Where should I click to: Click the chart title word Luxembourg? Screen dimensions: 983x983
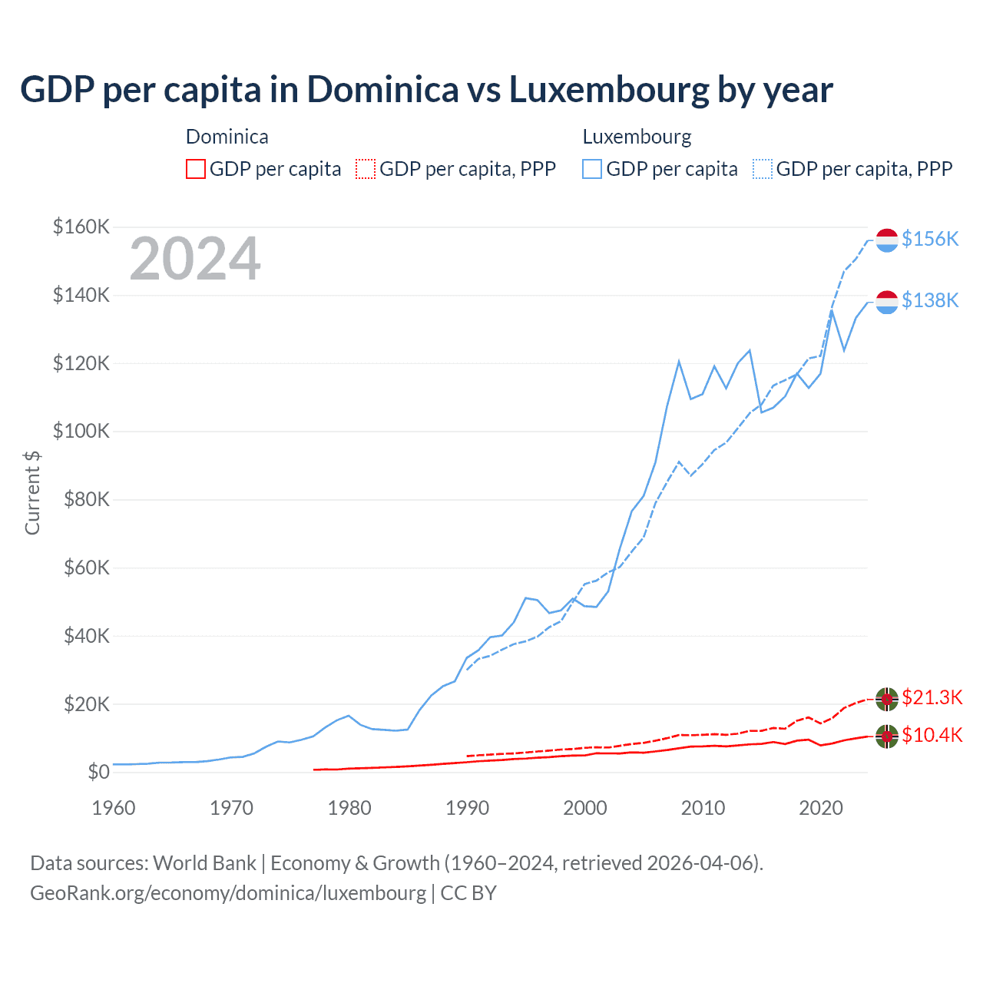(x=609, y=90)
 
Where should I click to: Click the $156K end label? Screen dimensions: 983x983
(x=930, y=239)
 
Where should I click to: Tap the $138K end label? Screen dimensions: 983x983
(x=930, y=300)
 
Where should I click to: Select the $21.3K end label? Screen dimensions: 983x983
(x=932, y=697)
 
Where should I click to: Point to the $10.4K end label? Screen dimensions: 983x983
(x=932, y=735)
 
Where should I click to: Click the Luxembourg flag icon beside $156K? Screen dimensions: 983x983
(x=887, y=240)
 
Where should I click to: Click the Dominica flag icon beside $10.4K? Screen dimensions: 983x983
(x=887, y=736)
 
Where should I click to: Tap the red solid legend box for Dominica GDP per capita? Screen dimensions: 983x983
(x=196, y=169)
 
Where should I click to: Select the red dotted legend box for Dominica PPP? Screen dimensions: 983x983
(x=366, y=169)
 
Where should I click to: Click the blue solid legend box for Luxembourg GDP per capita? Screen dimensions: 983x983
(x=592, y=169)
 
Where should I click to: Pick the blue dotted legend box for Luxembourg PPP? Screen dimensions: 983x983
(x=763, y=169)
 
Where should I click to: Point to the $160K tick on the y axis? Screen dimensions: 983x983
(x=81, y=227)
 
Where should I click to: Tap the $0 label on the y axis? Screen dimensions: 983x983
(x=98, y=773)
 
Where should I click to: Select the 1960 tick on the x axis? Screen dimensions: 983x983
(x=114, y=808)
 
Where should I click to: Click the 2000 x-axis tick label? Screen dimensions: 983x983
(x=585, y=808)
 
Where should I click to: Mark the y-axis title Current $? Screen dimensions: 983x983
(x=32, y=492)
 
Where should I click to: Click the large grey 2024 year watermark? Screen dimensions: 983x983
(x=195, y=260)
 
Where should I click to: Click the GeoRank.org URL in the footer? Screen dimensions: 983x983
(x=228, y=893)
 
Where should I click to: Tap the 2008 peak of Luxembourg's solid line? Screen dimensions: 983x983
(x=679, y=361)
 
